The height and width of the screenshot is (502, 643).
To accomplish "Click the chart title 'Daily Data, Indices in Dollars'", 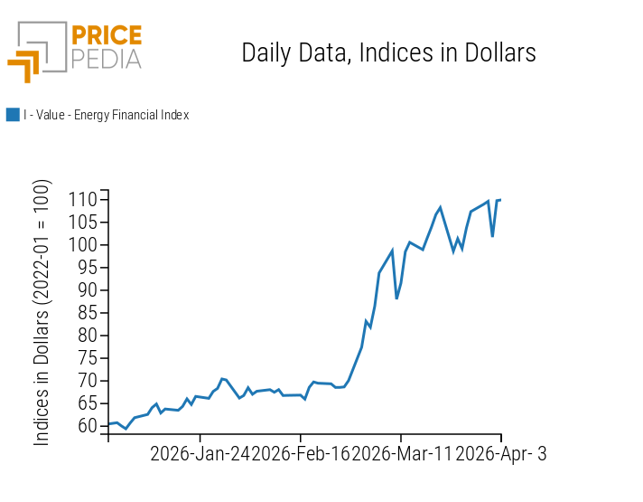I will coord(388,52).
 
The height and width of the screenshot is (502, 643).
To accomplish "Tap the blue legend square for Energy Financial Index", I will coord(13,115).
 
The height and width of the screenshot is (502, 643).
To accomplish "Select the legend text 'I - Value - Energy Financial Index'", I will coord(106,115).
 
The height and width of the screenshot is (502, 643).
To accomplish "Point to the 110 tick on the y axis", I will coord(85,199).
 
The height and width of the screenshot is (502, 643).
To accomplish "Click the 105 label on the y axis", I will coord(85,222).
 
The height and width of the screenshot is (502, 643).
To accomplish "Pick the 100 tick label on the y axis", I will coord(85,244).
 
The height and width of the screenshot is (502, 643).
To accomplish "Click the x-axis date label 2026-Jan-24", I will coord(200,454).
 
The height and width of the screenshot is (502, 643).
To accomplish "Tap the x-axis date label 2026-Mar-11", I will coord(403,454).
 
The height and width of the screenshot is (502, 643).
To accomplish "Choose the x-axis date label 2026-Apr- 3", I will coord(502,454).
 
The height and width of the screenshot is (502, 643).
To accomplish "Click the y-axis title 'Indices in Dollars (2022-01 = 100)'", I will coord(42,312).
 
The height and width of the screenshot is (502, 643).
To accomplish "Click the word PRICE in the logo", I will coord(106,36).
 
